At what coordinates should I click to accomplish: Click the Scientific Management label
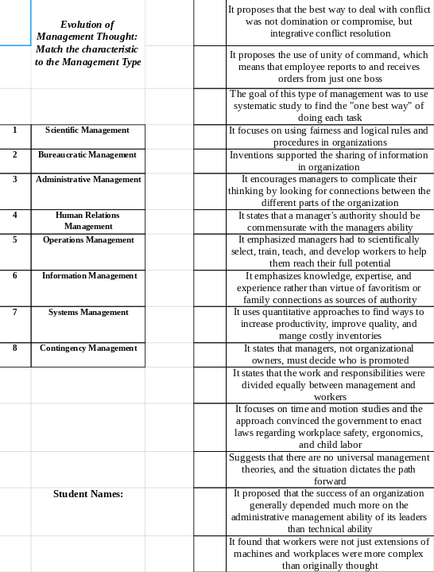[87, 130]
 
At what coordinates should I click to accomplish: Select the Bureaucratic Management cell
[87, 154]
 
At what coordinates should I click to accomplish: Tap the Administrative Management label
[88, 180]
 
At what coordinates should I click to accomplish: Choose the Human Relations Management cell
[88, 220]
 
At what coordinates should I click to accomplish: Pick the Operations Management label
[88, 240]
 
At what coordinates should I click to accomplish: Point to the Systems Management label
[88, 313]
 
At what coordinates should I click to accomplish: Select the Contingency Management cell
[88, 348]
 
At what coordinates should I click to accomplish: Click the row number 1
[15, 130]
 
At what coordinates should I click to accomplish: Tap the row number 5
[15, 240]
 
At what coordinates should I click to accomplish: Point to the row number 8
[15, 348]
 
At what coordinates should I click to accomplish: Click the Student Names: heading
[88, 494]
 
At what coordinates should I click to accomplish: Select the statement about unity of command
[328, 67]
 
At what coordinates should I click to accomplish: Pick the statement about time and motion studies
[328, 426]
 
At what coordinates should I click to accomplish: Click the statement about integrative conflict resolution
[328, 22]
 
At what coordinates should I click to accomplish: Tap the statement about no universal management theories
[328, 469]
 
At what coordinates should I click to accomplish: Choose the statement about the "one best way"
[328, 105]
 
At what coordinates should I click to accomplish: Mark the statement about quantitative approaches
[328, 324]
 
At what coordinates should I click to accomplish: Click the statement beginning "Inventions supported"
[328, 161]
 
